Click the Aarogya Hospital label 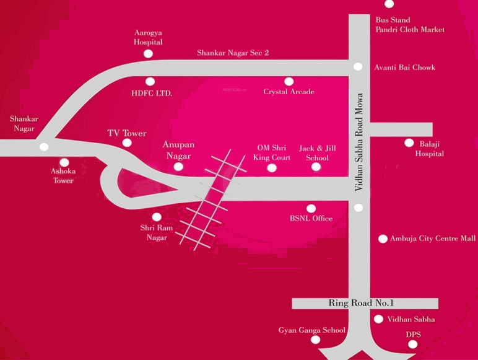(149, 37)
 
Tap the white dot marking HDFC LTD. (150, 81)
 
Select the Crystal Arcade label (289, 92)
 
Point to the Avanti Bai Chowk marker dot (357, 67)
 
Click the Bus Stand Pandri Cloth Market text (409, 25)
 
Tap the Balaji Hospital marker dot (409, 143)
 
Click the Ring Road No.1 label (362, 303)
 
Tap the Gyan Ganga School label (311, 330)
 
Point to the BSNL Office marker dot (311, 208)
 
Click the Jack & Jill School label (313, 153)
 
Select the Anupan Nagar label (178, 149)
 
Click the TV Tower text (127, 133)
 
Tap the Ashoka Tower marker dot (64, 162)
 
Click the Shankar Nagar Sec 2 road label (233, 53)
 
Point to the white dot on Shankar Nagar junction (43, 147)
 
